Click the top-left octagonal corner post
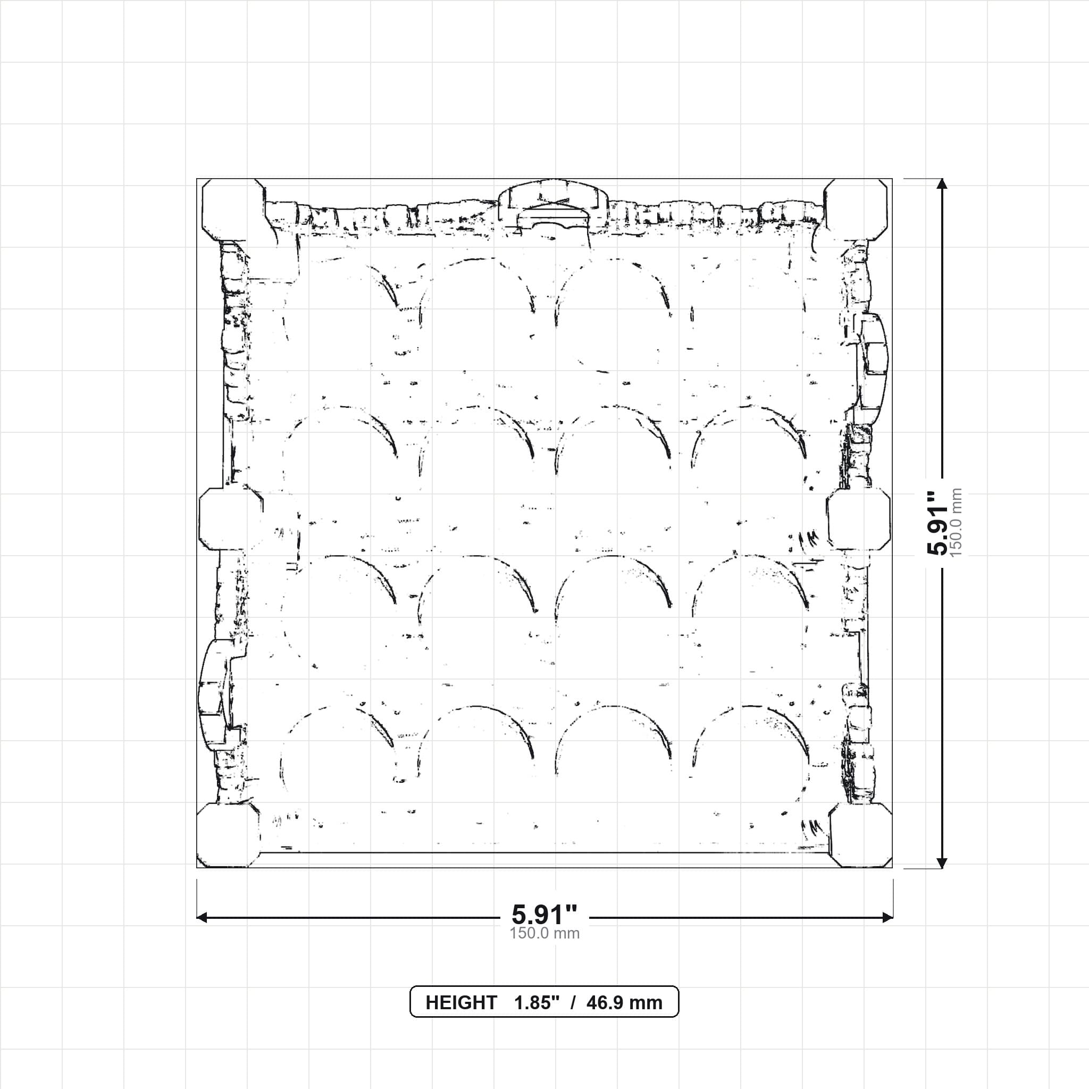click(x=233, y=210)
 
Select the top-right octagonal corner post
click(x=856, y=210)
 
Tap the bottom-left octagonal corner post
click(x=228, y=835)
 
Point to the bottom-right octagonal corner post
click(x=861, y=835)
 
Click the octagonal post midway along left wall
click(x=231, y=519)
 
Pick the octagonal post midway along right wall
click(x=858, y=519)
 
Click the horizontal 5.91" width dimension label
click(x=544, y=914)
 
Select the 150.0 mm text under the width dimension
click(x=544, y=933)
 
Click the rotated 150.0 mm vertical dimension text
click(x=956, y=523)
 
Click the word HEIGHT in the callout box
click(x=461, y=1003)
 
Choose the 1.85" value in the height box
click(x=537, y=1002)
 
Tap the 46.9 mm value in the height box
click(x=624, y=1003)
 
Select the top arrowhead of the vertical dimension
click(x=941, y=185)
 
